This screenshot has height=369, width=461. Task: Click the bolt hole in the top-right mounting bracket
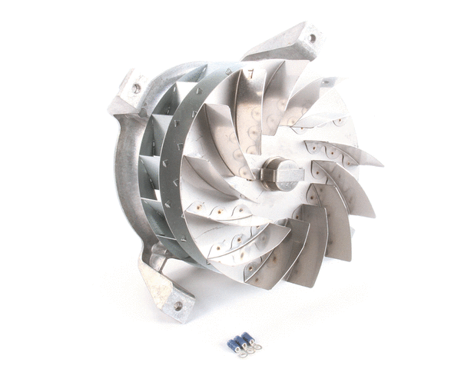[x=311, y=38]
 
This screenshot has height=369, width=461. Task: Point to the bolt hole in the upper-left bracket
[x=136, y=88]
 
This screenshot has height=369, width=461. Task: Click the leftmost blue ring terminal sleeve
[x=230, y=346]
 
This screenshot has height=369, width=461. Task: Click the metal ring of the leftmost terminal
[x=240, y=354]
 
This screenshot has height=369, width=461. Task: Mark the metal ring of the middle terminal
[x=247, y=351]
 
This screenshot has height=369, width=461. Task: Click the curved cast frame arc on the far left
[x=123, y=177]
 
